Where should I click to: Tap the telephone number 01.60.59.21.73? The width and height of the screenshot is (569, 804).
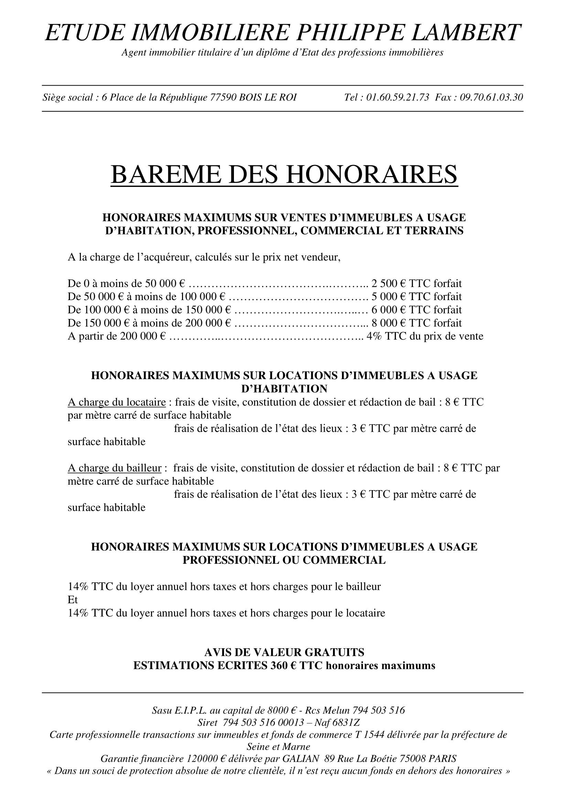pos(398,97)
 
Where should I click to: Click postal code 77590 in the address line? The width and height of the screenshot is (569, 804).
pos(223,97)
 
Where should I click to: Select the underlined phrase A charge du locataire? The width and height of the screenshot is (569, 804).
pos(117,403)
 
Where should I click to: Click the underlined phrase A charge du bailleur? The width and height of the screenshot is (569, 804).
pos(115,468)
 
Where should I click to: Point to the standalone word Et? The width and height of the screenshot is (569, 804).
pos(73,600)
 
